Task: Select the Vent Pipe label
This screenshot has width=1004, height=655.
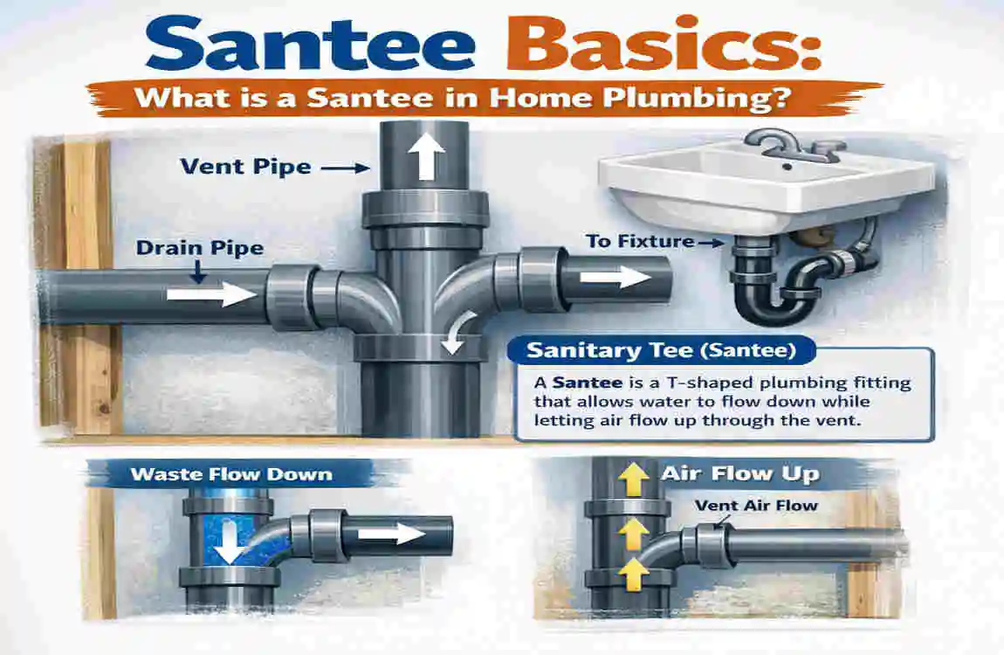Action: point(247,165)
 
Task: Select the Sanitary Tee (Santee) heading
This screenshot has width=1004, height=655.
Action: point(660,353)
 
